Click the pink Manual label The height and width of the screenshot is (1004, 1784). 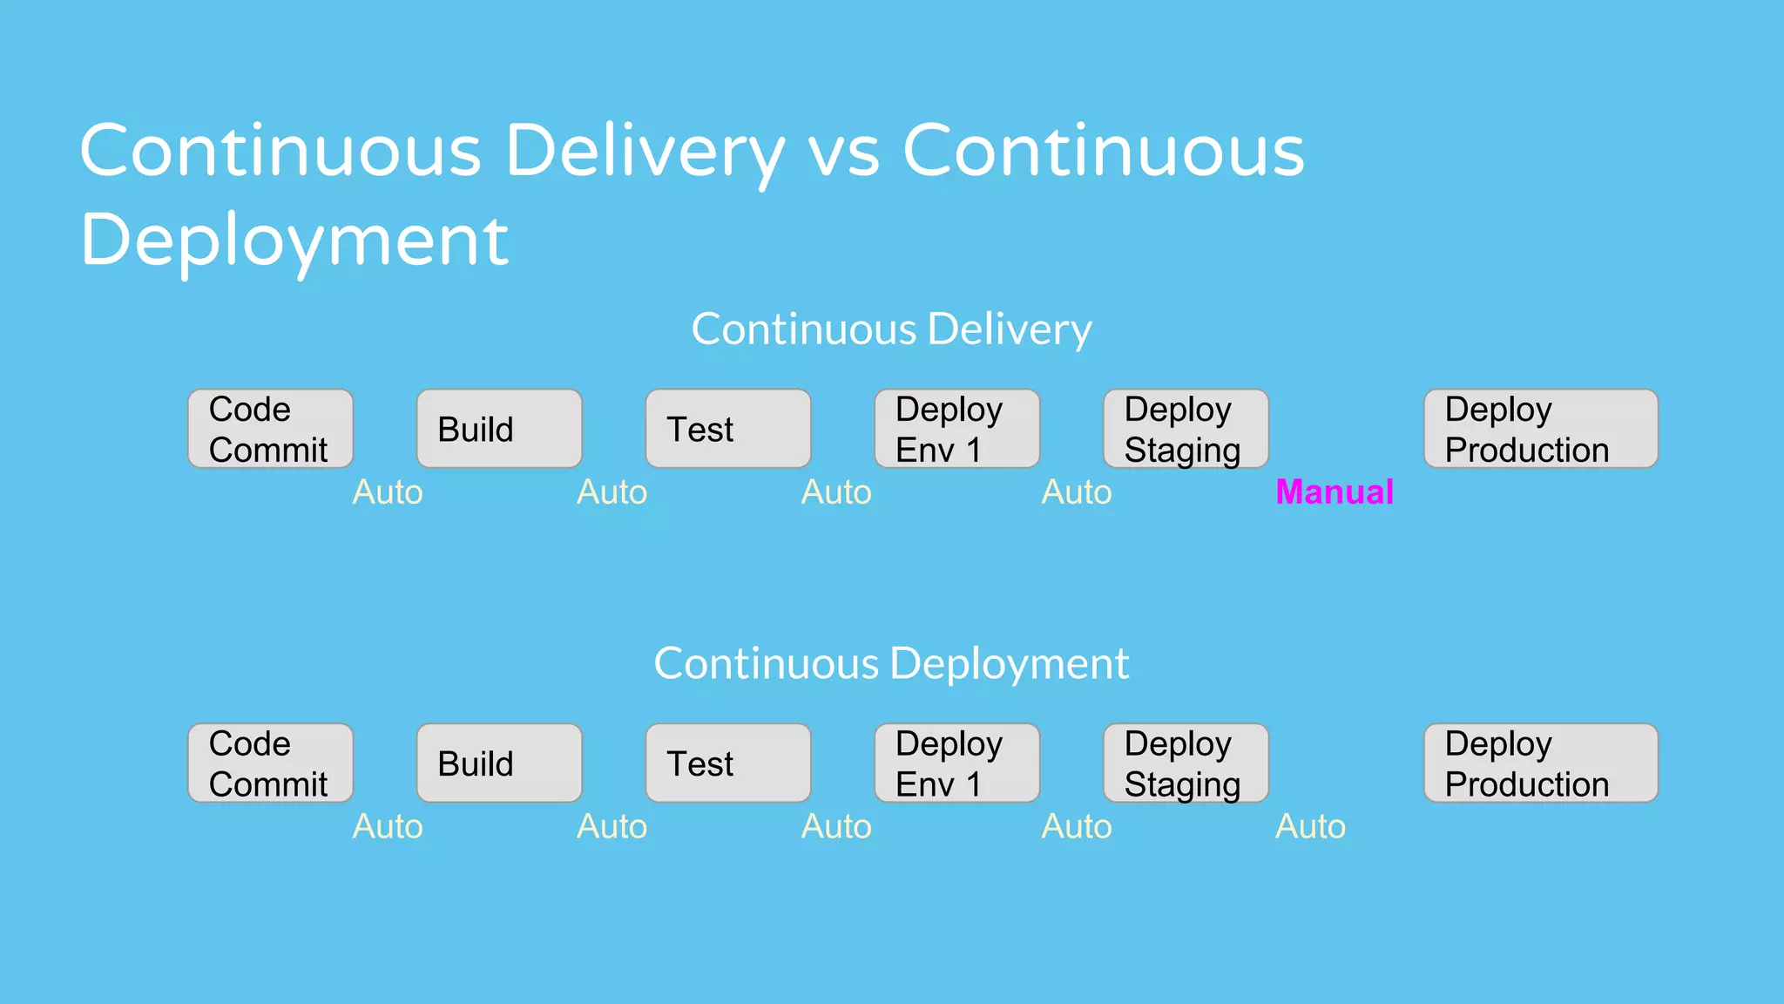[1334, 492]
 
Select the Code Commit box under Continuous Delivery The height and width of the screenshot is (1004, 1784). [270, 429]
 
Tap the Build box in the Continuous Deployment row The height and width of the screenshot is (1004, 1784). [498, 763]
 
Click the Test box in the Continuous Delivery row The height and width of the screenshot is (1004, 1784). [727, 429]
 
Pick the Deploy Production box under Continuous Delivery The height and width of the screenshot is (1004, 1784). [1540, 429]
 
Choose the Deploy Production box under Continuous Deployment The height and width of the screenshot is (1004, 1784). [1540, 763]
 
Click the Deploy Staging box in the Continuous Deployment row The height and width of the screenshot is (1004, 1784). [1185, 763]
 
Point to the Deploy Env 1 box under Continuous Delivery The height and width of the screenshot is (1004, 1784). [956, 429]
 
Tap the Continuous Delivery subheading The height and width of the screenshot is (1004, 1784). [891, 329]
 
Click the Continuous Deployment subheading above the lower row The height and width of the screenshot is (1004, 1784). [891, 664]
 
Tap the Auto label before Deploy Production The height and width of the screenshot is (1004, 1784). [1310, 826]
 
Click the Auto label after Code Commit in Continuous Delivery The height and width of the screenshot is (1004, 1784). [388, 492]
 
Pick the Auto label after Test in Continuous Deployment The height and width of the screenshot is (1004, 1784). [836, 826]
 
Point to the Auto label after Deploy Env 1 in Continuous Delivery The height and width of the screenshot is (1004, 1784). [1077, 492]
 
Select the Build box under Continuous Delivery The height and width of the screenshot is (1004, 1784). [498, 429]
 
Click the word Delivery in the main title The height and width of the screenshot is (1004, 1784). [645, 153]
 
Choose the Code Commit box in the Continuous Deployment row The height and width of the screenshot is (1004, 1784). [270, 763]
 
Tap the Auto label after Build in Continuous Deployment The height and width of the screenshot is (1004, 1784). [612, 826]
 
